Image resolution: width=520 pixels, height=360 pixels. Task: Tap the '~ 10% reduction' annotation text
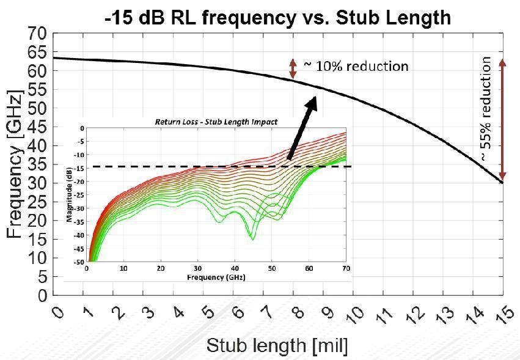pos(356,66)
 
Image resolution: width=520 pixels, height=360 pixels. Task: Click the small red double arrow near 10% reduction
pos(293,68)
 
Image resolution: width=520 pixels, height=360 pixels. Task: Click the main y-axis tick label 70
pos(37,34)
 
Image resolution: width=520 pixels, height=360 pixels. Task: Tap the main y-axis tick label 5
pos(42,277)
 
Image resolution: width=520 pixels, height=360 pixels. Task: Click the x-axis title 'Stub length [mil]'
pos(277,345)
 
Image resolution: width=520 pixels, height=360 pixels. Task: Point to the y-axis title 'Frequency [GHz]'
pos(16,165)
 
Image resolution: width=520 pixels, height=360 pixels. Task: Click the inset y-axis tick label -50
pos(78,262)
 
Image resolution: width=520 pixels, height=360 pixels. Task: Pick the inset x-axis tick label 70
pos(346,268)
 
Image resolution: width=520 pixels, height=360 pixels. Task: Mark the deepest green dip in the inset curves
pos(252,238)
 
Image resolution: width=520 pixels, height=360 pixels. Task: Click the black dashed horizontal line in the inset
pos(183,166)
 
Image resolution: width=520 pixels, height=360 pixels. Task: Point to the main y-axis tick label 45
pos(37,127)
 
